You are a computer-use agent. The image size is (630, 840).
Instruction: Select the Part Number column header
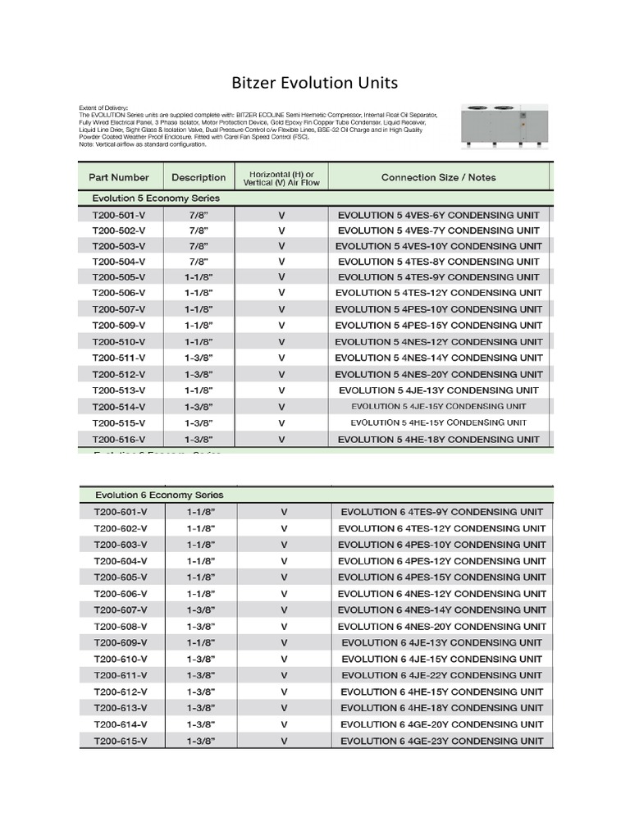119,177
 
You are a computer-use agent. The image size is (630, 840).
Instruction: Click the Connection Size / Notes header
438,177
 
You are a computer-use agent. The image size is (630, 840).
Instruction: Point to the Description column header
199,177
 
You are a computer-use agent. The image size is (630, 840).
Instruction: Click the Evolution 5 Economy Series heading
156,199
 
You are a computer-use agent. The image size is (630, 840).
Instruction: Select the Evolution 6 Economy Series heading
159,495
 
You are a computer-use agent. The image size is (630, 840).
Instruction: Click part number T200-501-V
119,215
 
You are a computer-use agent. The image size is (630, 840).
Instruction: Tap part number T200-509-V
119,326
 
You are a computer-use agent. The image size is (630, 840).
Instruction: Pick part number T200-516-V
119,440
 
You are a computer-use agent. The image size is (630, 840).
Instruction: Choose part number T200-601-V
121,512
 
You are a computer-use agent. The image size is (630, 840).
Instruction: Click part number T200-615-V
121,741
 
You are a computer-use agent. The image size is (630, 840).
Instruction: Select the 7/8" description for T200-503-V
199,246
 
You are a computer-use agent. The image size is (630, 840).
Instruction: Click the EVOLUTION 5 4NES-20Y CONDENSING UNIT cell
438,374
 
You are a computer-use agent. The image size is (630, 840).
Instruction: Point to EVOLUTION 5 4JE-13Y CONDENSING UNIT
438,390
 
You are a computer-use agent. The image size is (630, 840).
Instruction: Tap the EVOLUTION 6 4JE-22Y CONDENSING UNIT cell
441,675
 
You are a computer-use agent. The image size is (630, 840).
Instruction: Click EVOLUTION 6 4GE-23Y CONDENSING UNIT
441,741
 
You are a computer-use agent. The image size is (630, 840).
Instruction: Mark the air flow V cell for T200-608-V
284,627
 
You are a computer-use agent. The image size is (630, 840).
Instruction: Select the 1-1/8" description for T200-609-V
200,643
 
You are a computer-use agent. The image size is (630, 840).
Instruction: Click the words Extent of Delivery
103,107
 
